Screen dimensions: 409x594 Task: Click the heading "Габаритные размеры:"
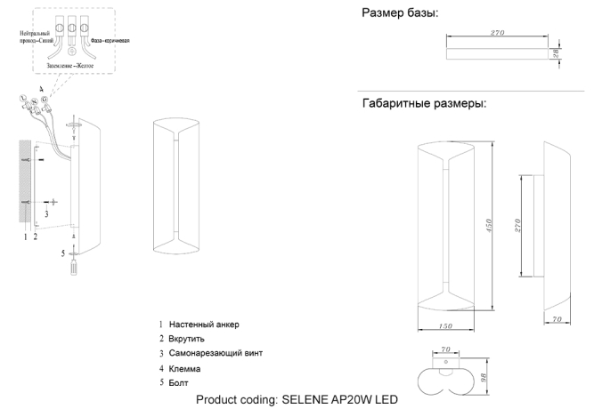tap(423, 104)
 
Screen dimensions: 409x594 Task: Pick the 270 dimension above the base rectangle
tap(499, 33)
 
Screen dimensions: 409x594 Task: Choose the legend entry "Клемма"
tap(186, 368)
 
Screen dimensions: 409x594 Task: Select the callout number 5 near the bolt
tap(63, 253)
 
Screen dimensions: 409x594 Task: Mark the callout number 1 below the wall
tap(24, 237)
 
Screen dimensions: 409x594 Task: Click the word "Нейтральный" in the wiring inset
tap(36, 33)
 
